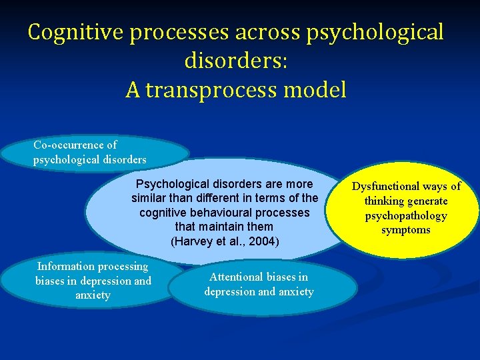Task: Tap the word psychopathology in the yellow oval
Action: (405, 216)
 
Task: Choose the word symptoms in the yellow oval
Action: (405, 230)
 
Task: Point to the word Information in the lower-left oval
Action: (65, 267)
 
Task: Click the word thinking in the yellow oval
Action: (387, 201)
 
